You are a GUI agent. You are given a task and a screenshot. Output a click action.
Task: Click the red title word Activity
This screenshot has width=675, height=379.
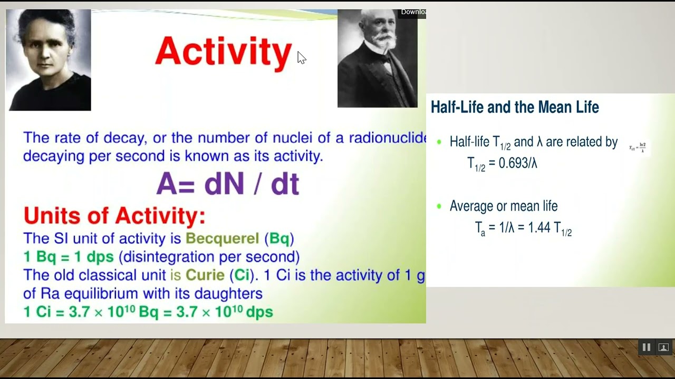[x=223, y=52]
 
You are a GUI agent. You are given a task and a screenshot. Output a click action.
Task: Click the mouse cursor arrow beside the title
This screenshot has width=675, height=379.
[x=301, y=57]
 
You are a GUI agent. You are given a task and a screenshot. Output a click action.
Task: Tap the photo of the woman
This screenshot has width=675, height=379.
[x=49, y=59]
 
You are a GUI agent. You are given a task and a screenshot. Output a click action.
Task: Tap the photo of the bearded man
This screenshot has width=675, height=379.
[x=377, y=58]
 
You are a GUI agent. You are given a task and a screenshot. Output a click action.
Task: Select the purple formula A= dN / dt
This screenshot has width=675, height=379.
[x=228, y=184]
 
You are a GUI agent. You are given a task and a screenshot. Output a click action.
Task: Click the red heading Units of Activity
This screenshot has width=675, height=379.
[x=114, y=216]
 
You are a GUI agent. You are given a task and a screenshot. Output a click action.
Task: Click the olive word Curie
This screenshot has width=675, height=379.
[x=205, y=275]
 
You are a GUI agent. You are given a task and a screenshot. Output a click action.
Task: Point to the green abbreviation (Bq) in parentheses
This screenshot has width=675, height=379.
[x=279, y=238]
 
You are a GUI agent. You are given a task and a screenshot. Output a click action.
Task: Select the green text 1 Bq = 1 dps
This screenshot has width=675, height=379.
[x=69, y=257]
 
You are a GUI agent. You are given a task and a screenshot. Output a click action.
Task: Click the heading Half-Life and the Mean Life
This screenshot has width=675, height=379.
[x=515, y=107]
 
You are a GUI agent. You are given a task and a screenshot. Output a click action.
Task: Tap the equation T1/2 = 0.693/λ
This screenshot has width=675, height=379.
[x=502, y=164]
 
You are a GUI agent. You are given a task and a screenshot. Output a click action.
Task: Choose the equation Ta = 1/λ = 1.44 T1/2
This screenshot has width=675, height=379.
[x=523, y=228]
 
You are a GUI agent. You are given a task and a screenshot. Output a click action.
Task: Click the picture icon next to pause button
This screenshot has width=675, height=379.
[x=663, y=347]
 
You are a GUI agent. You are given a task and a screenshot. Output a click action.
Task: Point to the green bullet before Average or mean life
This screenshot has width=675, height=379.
[x=439, y=206]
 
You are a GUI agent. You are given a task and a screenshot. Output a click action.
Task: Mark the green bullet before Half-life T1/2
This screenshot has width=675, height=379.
[x=439, y=142]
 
